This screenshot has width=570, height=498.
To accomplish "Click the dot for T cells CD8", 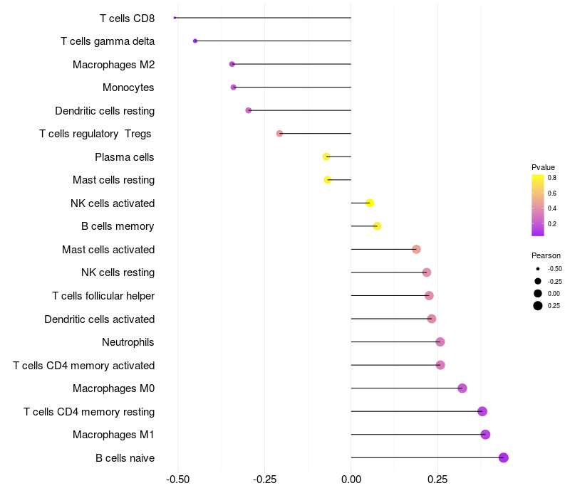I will click(x=175, y=18).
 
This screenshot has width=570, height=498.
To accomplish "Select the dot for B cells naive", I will click(x=504, y=457).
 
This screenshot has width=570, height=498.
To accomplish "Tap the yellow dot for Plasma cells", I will click(x=326, y=157).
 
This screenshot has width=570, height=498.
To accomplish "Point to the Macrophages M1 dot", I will click(x=485, y=435).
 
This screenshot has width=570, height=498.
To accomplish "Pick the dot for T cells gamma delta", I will click(x=195, y=41).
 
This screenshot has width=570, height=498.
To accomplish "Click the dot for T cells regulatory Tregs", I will click(x=279, y=134).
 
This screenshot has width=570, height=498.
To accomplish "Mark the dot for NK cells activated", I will click(x=370, y=203).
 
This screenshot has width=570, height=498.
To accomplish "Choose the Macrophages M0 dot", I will click(x=462, y=388).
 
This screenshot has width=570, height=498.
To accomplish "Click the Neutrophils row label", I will click(x=128, y=342).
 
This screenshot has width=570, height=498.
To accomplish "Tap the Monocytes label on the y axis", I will click(x=128, y=88).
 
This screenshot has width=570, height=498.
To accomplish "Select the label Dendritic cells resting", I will click(x=105, y=111).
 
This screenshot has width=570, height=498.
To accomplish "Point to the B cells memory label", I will click(x=118, y=226).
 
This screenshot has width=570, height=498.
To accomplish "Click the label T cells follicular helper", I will click(x=103, y=296).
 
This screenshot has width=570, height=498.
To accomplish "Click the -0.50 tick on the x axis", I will click(x=177, y=480).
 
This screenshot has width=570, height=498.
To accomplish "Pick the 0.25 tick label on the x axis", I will click(x=437, y=480).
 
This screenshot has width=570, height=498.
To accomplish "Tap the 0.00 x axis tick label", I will click(x=351, y=480).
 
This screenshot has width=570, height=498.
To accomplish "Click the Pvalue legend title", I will click(x=544, y=167).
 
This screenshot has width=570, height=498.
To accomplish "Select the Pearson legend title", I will click(x=546, y=255).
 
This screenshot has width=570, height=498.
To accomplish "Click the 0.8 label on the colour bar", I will click(x=552, y=178).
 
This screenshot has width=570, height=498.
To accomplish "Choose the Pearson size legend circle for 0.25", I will click(x=538, y=306).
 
